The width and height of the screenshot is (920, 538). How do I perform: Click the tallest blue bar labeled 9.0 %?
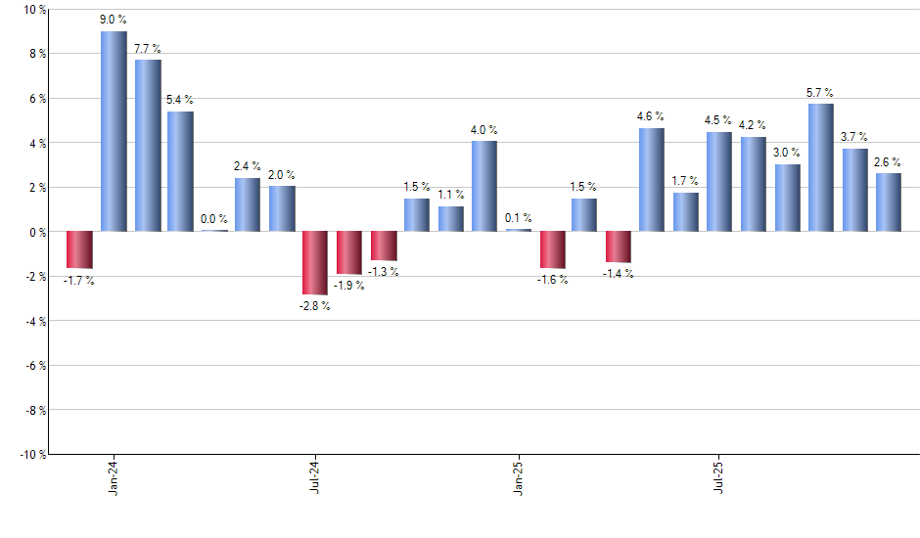[114, 131]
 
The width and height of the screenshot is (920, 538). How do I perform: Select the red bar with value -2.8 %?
[315, 262]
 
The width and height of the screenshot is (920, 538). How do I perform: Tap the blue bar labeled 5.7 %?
[821, 167]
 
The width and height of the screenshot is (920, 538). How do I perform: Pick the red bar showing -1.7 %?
[79, 249]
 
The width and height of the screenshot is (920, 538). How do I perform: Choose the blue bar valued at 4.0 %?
[484, 186]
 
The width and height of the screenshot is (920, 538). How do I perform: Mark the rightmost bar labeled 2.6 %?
[888, 202]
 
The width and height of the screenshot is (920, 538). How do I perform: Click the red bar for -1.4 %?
[619, 247]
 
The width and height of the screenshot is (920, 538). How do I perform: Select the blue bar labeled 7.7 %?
[148, 145]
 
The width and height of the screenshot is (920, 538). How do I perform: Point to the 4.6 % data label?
[651, 116]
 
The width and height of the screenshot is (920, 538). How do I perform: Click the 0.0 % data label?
[214, 219]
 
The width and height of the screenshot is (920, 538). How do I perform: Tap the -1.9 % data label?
[349, 286]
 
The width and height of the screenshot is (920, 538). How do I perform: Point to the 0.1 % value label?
[518, 218]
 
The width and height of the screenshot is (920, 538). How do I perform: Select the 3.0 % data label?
[787, 153]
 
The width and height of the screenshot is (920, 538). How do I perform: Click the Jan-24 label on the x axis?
[114, 476]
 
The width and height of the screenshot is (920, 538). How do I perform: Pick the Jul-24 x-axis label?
[315, 476]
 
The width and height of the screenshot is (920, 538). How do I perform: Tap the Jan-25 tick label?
[518, 476]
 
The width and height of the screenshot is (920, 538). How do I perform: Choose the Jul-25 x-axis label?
[719, 476]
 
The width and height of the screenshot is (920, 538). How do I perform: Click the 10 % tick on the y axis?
[33, 10]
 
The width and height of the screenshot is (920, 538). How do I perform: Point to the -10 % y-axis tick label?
[31, 454]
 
